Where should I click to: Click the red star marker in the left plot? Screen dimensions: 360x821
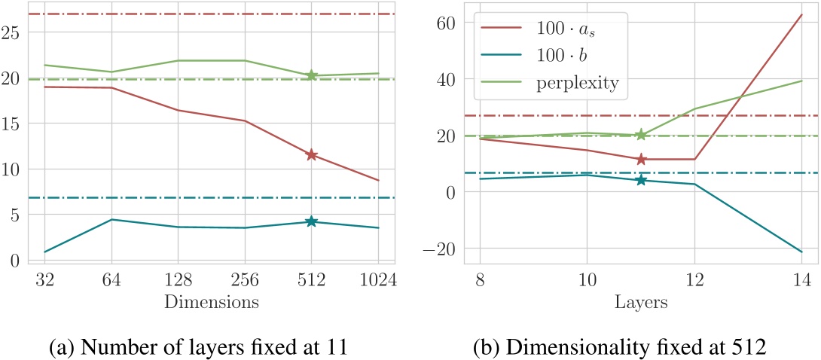[311, 155]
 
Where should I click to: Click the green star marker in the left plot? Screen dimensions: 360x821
[311, 75]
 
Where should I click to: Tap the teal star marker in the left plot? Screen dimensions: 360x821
[311, 221]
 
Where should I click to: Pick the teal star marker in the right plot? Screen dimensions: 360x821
[641, 180]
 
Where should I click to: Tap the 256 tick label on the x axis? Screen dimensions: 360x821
[245, 280]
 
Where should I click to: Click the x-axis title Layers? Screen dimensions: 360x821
[640, 302]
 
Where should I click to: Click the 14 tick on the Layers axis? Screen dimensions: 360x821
[801, 280]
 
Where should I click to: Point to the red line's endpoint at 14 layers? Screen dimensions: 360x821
[801, 14]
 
